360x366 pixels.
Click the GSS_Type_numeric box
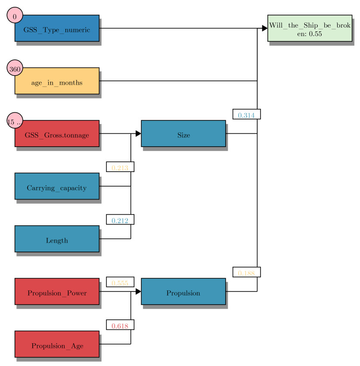point(57,28)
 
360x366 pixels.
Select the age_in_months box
point(57,81)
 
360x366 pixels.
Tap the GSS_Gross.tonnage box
point(57,134)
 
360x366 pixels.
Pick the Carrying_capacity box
point(57,186)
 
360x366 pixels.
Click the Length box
point(57,239)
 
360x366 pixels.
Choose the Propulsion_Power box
point(57,292)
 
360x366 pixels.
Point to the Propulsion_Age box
point(57,344)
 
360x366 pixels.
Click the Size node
point(183,134)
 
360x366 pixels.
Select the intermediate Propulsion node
point(183,292)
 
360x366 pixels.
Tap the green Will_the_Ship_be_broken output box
point(310,28)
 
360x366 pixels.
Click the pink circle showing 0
point(15,16)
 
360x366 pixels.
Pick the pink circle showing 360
point(15,69)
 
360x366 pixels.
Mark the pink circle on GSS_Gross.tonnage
point(15,122)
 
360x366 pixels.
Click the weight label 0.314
point(246,114)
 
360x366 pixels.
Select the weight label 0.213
point(120,167)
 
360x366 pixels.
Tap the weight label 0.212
point(120,220)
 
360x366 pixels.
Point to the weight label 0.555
point(120,282)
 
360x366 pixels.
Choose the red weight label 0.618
point(120,325)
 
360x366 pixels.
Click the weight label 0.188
point(246,272)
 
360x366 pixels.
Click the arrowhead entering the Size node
point(138,134)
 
